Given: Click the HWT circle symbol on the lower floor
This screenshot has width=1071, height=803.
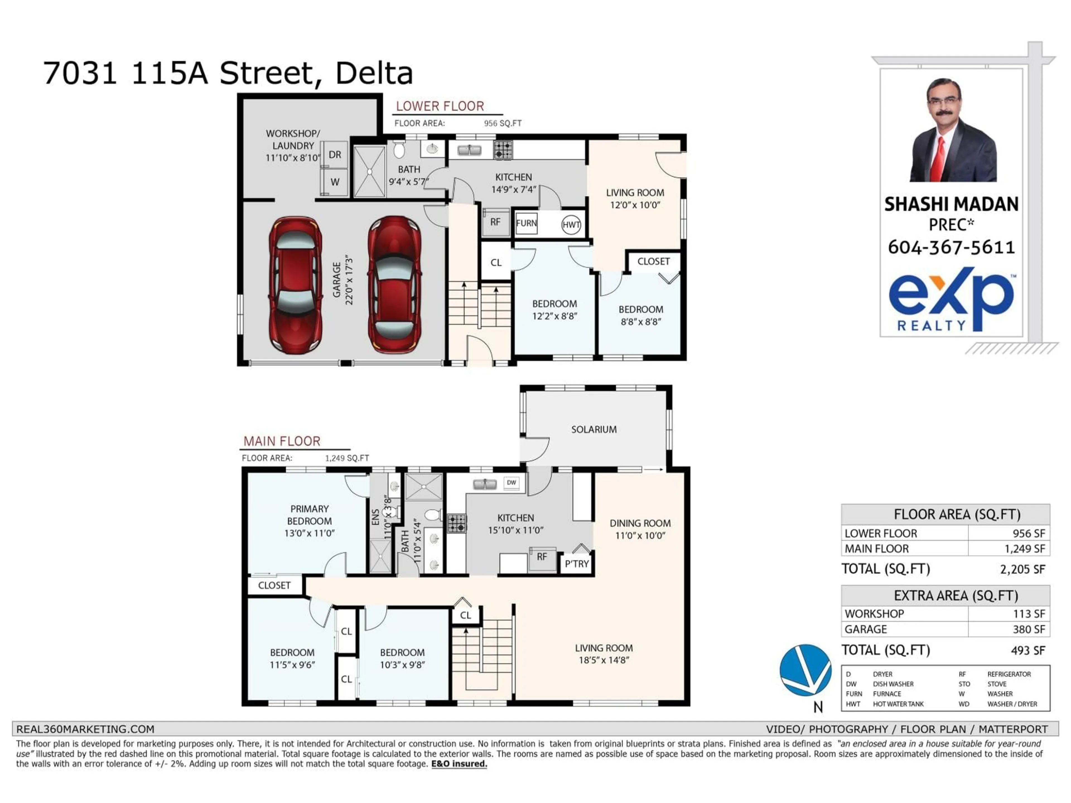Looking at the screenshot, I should coord(571,224).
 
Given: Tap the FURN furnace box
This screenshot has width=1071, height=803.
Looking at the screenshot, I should coord(526,223).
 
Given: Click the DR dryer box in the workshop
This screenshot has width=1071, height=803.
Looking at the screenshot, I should coord(335,154).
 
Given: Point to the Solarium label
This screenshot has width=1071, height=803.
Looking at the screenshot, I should coord(594,429).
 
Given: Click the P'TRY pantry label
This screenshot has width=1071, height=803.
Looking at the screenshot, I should coord(577,564).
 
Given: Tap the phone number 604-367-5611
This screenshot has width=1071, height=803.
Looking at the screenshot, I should coord(951,247).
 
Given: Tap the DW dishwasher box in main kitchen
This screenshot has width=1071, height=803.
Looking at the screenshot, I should coord(511,483).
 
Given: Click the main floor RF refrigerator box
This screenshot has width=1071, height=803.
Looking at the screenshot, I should coord(542,557).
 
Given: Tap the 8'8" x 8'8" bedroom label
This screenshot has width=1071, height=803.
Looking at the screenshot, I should coord(641,316).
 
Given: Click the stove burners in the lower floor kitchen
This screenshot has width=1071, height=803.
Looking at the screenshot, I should coord(503,150).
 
